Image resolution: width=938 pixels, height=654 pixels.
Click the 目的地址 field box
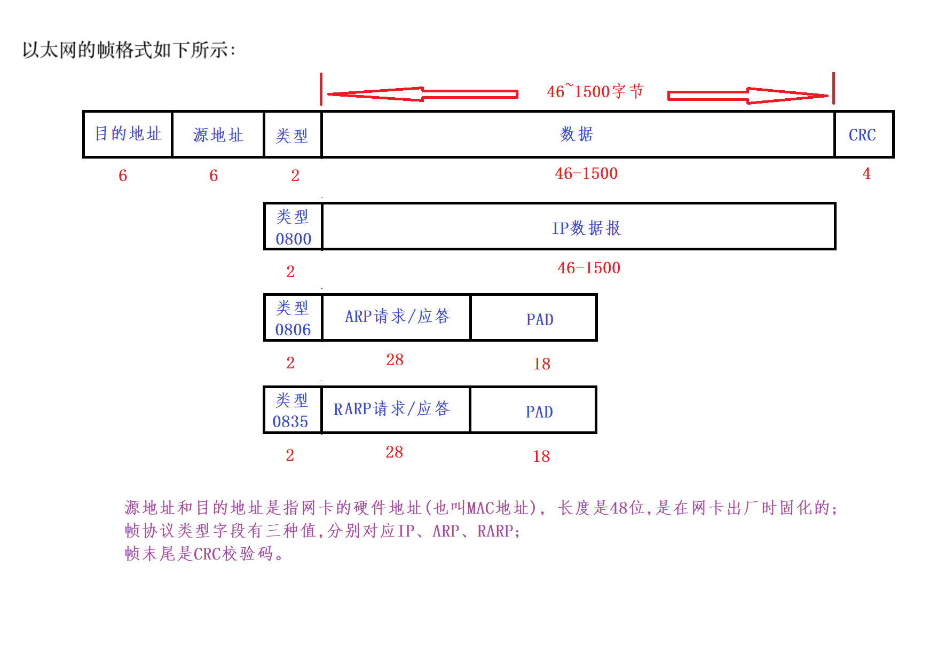click(128, 134)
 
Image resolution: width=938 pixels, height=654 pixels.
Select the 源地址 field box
click(218, 135)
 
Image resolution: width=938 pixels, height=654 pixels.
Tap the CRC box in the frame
click(863, 135)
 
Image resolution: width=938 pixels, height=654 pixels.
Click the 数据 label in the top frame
click(577, 134)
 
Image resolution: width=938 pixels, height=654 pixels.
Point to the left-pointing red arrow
click(422, 94)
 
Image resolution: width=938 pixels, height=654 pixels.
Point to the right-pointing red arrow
click(747, 96)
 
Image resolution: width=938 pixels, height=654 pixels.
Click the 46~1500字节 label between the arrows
click(595, 91)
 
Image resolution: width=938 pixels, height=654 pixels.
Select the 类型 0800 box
click(293, 227)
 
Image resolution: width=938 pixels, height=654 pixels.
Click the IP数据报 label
click(586, 228)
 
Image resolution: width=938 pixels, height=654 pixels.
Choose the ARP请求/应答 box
click(397, 317)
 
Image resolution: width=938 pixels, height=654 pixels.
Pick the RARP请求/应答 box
click(396, 409)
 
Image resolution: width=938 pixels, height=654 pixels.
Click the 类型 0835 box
click(293, 410)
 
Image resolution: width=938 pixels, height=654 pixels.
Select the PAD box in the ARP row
click(534, 318)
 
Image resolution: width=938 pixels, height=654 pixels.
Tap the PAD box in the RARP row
click(533, 411)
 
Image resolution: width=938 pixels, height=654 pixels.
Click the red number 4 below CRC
click(866, 174)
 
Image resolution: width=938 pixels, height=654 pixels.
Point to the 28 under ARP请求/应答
click(395, 360)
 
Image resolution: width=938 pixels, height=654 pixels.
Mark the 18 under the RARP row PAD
click(541, 456)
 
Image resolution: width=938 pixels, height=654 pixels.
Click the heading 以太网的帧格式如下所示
click(128, 50)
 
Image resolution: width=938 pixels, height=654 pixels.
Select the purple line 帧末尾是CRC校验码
click(204, 554)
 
